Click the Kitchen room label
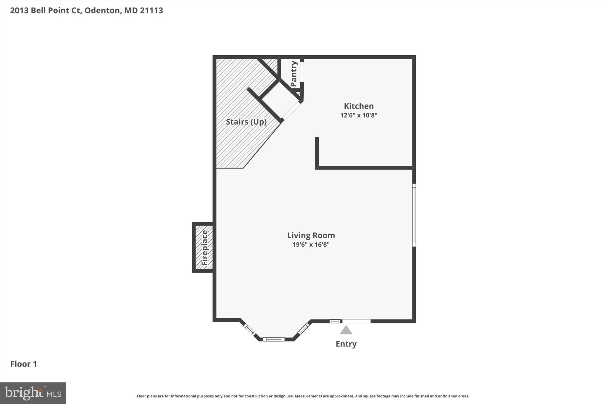pos(359,106)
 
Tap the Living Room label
pos(311,235)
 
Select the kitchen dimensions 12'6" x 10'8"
pos(359,115)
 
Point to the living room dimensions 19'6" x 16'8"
pos(311,245)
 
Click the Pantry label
pos(294,74)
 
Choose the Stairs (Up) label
pos(246,122)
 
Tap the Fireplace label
pos(205,248)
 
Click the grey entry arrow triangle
pos(346,330)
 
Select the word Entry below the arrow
pos(346,344)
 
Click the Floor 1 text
pos(24,364)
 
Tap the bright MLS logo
pos(33,393)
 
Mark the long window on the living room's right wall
pos(414,215)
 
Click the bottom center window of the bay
pos(274,339)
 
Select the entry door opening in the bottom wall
pos(356,321)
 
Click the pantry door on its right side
pos(302,71)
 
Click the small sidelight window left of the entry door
pos(335,321)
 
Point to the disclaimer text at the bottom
pos(303,396)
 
